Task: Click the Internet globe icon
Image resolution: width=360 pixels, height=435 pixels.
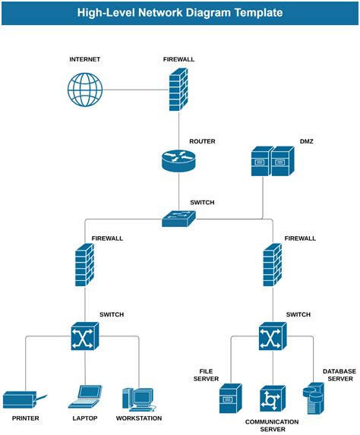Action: (x=84, y=90)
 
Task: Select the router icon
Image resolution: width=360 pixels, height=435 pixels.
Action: (x=179, y=161)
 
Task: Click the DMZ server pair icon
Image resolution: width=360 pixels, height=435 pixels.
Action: (x=271, y=161)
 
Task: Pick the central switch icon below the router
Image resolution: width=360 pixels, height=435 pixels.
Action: (x=179, y=219)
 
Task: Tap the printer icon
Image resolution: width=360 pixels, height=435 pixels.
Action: (x=23, y=399)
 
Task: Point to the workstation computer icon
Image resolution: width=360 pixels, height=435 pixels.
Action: (x=137, y=399)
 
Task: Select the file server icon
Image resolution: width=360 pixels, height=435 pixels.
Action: (x=230, y=399)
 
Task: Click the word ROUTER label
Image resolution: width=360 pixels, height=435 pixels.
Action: (x=202, y=142)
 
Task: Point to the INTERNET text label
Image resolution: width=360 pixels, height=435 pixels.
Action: (x=84, y=59)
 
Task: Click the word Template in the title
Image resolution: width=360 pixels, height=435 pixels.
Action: (x=258, y=13)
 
